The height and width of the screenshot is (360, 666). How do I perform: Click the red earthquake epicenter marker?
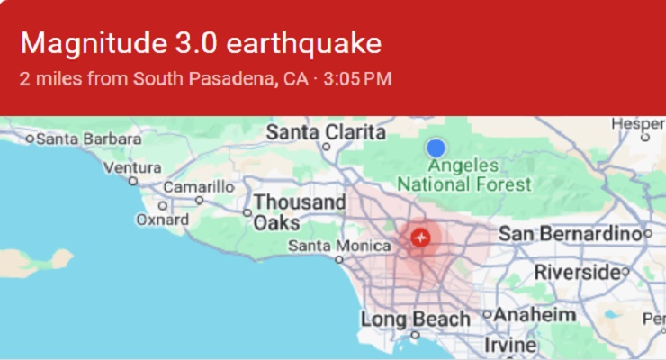[420, 238]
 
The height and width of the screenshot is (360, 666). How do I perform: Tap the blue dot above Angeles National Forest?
[436, 148]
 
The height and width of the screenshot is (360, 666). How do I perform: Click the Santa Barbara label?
[88, 139]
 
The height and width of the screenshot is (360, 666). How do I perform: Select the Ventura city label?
[132, 167]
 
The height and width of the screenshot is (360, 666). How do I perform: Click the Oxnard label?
[162, 219]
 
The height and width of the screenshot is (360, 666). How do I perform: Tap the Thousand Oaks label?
[299, 212]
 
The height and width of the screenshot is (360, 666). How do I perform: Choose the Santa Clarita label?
[313, 132]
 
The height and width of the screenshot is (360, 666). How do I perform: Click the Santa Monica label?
[327, 245]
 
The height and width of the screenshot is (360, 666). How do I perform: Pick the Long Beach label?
[415, 319]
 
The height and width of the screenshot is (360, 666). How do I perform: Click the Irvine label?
[509, 345]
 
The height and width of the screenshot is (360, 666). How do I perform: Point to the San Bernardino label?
[569, 233]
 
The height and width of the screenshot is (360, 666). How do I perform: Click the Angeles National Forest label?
[464, 175]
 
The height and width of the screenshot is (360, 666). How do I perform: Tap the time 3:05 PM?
[357, 78]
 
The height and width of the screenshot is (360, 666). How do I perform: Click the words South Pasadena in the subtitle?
[204, 78]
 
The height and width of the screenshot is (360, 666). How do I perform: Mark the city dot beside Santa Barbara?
[30, 139]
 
